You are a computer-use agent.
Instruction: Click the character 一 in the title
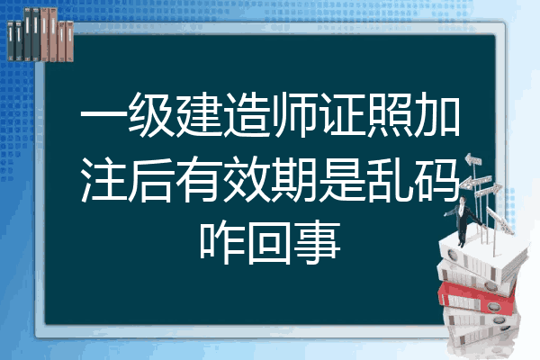(x=103, y=115)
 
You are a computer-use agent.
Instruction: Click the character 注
(x=103, y=178)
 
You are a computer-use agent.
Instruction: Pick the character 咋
(x=222, y=242)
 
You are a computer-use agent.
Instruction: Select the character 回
(x=270, y=242)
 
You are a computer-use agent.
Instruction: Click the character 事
(x=318, y=242)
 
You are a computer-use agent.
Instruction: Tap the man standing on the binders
(x=463, y=220)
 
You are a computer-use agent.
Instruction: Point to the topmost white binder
(x=482, y=256)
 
